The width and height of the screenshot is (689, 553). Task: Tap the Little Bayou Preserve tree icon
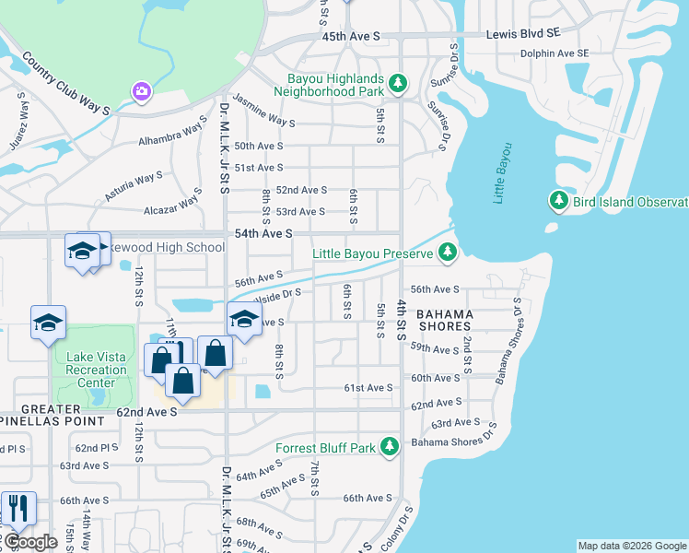447,252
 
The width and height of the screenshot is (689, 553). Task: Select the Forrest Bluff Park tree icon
390,447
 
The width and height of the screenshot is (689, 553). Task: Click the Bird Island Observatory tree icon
558,200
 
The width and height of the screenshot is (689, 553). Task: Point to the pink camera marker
141,90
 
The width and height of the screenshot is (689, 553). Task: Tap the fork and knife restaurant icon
17,508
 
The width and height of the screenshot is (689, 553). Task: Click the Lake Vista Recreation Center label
90,371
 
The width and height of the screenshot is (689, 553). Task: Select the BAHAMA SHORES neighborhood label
446,320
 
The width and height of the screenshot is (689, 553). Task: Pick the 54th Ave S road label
263,235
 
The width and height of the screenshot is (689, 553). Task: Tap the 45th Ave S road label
351,36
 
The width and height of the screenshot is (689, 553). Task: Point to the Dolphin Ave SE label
553,53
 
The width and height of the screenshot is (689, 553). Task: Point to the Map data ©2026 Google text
632,546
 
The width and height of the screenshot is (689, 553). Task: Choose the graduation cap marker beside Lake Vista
48,323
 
